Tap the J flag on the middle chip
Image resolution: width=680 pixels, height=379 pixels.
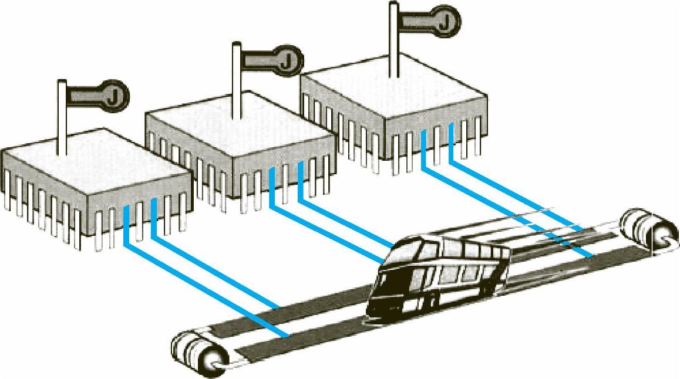pyautogui.click(x=276, y=59)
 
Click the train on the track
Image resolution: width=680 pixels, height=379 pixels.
pyautogui.click(x=440, y=276)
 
